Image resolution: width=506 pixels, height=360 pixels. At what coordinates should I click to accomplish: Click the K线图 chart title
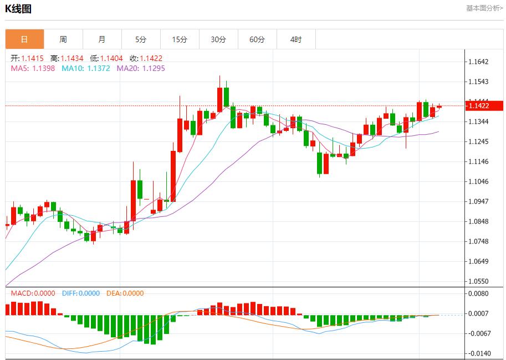pyautogui.click(x=18, y=9)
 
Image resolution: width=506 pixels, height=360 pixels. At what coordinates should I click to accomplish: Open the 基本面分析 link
pyautogui.click(x=484, y=8)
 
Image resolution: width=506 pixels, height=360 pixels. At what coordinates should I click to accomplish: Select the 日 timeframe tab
pyautogui.click(x=24, y=39)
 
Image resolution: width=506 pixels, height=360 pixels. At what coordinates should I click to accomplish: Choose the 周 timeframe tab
pyautogui.click(x=63, y=39)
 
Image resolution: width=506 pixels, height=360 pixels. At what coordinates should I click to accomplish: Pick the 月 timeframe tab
pyautogui.click(x=102, y=39)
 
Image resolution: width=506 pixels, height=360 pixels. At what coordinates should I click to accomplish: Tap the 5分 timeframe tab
pyautogui.click(x=141, y=39)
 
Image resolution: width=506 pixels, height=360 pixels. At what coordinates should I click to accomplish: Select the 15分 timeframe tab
pyautogui.click(x=180, y=39)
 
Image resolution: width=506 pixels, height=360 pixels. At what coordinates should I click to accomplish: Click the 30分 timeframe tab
pyautogui.click(x=218, y=39)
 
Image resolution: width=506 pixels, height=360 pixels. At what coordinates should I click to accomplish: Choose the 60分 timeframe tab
pyautogui.click(x=257, y=39)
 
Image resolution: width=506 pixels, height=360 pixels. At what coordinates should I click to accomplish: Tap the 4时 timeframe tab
pyautogui.click(x=296, y=39)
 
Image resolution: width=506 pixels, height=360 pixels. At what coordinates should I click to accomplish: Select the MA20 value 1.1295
pyautogui.click(x=154, y=68)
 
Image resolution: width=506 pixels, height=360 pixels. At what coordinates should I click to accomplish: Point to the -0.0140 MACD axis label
pyautogui.click(x=480, y=353)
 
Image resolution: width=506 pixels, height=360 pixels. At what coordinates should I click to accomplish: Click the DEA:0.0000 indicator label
pyautogui.click(x=125, y=293)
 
